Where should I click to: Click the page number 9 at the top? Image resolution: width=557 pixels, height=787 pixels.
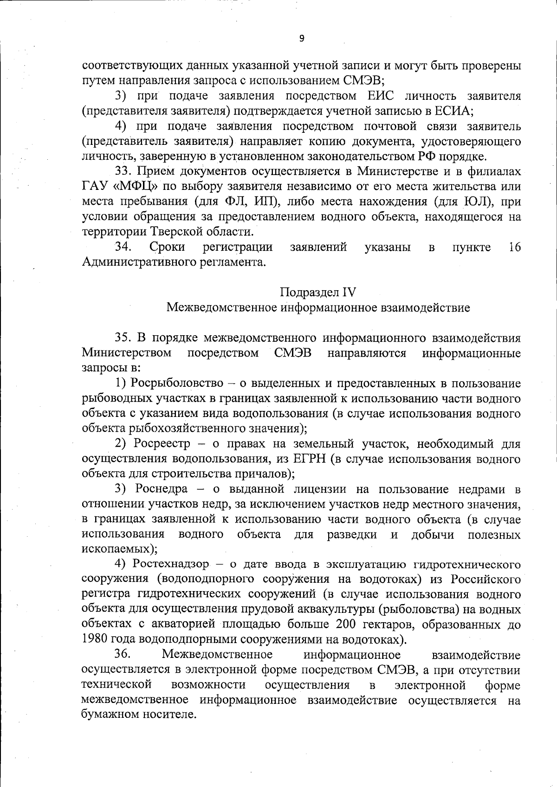click(301, 39)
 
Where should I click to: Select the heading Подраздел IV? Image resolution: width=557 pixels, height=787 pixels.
click(318, 292)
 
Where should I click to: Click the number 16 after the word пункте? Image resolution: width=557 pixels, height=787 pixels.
click(514, 247)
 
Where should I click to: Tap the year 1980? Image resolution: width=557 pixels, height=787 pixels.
click(96, 640)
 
